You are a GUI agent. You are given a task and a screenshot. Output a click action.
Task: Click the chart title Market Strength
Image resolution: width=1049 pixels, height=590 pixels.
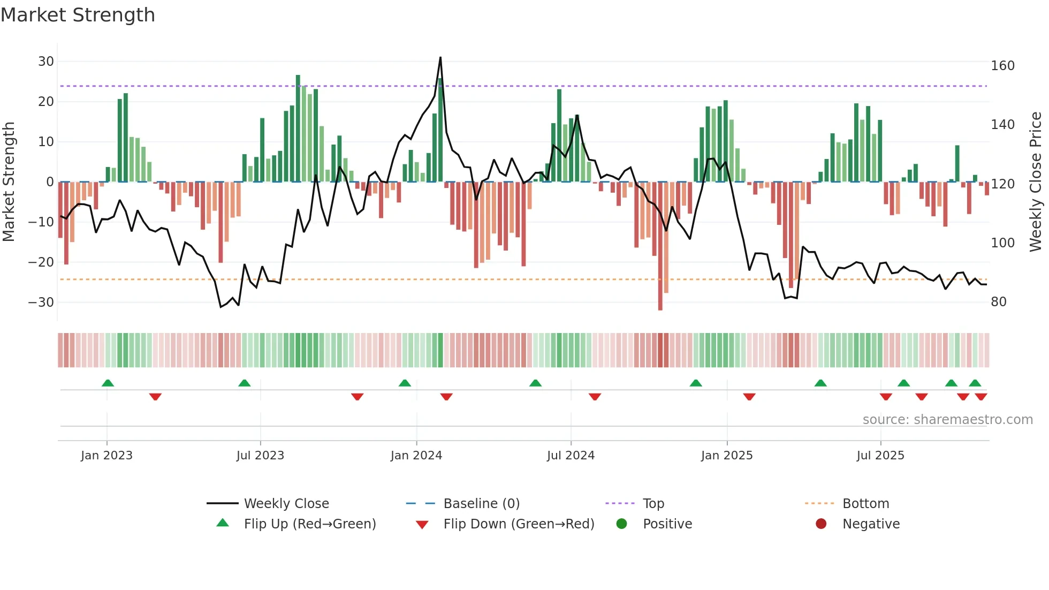[78, 15]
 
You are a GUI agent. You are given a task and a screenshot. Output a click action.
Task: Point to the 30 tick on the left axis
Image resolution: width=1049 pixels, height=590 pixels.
[46, 62]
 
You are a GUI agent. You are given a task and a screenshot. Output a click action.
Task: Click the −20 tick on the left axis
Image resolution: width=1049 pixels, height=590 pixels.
[41, 262]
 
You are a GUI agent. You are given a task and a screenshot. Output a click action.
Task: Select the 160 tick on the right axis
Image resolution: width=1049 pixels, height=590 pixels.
[1002, 66]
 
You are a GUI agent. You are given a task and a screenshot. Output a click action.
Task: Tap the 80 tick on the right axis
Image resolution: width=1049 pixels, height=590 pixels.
[999, 302]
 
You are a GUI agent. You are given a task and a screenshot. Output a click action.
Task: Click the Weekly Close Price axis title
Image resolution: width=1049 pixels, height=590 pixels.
[1035, 182]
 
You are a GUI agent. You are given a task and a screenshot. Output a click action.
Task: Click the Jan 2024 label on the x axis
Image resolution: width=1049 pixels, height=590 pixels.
[416, 456]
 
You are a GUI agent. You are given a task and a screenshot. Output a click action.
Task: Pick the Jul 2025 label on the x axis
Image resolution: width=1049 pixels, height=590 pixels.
[880, 456]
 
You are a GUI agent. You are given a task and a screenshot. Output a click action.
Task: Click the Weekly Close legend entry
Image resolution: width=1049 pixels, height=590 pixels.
[286, 504]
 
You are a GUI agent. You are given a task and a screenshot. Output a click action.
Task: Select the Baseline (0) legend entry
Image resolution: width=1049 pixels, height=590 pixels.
[481, 504]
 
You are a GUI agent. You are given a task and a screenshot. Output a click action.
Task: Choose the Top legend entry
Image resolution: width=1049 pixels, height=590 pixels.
[653, 504]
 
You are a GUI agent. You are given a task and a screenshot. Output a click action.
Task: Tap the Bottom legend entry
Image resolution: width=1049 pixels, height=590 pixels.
[865, 504]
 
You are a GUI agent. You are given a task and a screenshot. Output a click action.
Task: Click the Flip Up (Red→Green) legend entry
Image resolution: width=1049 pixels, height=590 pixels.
[310, 524]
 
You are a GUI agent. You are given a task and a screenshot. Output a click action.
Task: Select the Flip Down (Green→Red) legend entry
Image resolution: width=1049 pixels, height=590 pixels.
[519, 524]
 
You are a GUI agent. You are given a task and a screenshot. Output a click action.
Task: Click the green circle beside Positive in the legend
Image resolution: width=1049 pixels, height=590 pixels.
[621, 524]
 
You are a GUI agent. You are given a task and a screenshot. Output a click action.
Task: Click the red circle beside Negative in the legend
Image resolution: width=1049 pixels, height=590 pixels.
[821, 524]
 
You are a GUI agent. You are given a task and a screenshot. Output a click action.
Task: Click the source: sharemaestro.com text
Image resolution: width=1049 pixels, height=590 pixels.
[947, 420]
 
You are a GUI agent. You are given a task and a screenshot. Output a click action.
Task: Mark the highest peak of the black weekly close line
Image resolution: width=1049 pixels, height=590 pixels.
[440, 58]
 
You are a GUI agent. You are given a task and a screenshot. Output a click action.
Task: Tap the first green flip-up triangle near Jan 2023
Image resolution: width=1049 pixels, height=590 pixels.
[108, 383]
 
